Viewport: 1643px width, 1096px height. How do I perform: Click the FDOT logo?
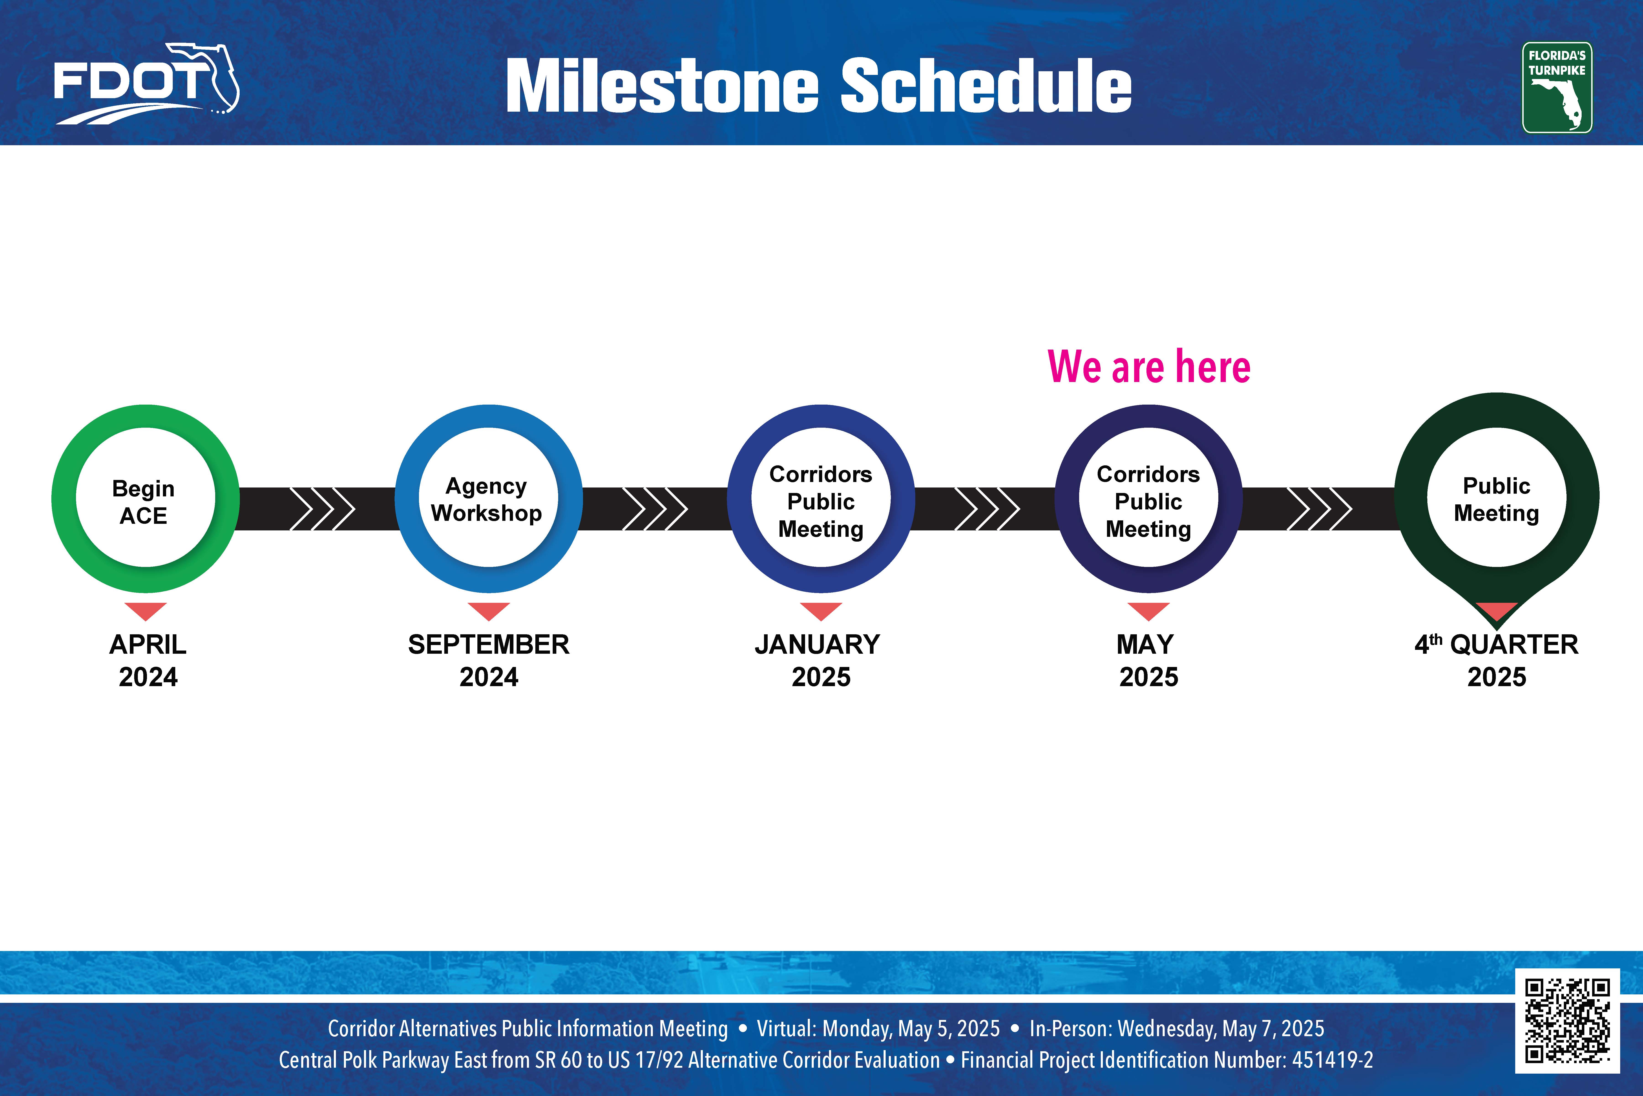point(147,84)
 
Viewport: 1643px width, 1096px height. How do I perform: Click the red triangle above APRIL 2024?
point(145,610)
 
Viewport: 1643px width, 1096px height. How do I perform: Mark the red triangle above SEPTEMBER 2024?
point(489,610)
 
